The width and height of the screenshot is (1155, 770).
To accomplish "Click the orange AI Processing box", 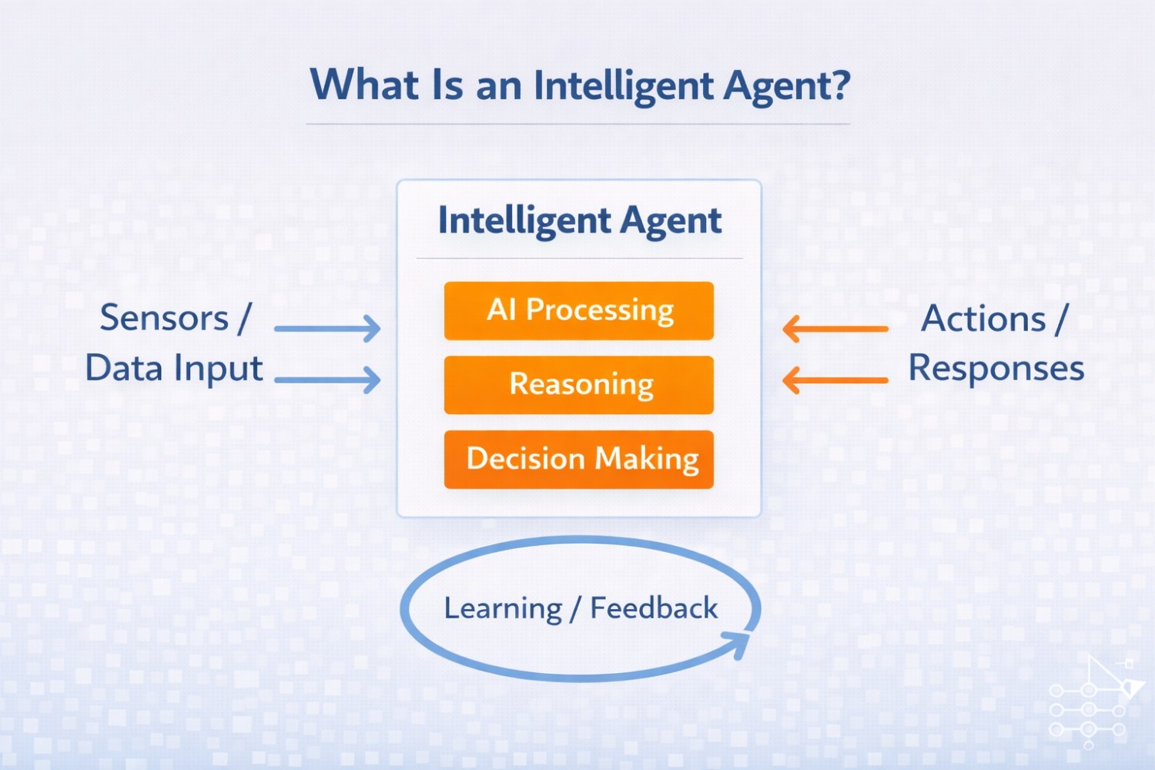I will coord(579,311).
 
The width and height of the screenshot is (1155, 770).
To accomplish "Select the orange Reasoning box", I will coord(579,385).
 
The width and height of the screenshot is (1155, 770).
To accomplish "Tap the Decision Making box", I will coord(579,460).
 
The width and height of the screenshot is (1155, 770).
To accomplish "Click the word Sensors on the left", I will coord(164,318).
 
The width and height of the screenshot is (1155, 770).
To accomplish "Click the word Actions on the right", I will coord(983,319).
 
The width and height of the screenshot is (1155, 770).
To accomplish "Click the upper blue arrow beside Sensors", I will coord(327,329).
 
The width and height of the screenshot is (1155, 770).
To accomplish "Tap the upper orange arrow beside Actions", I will coord(835,329).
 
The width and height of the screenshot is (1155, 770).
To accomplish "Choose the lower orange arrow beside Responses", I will coord(835,380).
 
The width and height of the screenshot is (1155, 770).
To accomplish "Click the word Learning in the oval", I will coord(503,609).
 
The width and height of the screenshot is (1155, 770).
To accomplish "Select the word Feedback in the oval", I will coord(654,608).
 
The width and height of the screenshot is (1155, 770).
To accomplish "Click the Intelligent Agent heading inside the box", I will coord(579,221).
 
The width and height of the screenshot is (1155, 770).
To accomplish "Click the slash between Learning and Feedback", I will coord(575,609).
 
